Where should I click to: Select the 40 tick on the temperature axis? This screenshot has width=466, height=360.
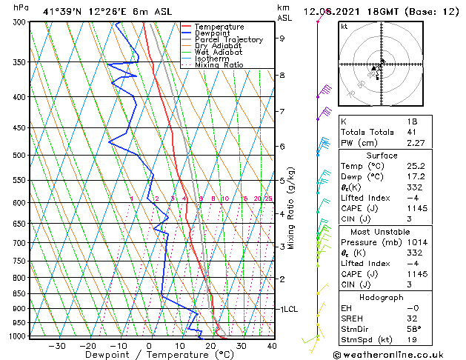coord(272,346)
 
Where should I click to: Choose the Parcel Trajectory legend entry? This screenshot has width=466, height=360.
coord(228,40)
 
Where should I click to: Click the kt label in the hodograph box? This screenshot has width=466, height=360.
coord(344,27)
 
